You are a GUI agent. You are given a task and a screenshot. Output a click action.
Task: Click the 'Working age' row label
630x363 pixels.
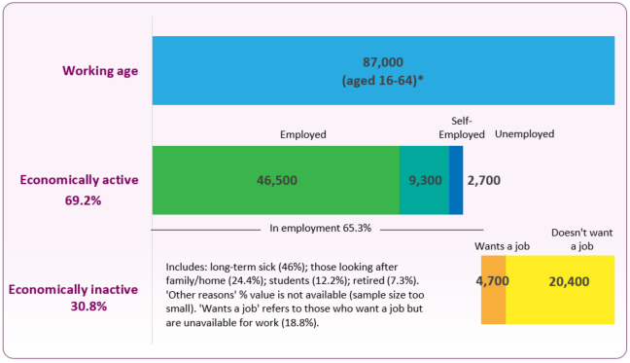pyautogui.click(x=101, y=71)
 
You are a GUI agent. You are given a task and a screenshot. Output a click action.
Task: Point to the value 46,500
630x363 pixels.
pyautogui.click(x=276, y=180)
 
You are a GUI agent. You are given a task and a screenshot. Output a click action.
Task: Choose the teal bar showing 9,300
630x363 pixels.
pyautogui.click(x=424, y=180)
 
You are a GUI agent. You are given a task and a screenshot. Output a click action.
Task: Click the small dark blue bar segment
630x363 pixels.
pyautogui.click(x=456, y=180)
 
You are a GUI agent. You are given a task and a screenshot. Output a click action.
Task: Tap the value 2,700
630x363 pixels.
pyautogui.click(x=484, y=180)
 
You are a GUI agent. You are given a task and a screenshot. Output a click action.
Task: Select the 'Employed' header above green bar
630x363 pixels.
pyautogui.click(x=302, y=134)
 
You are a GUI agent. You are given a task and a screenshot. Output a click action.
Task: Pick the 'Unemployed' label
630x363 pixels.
pyautogui.click(x=524, y=134)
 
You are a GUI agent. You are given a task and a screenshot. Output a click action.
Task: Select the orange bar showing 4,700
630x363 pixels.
pyautogui.click(x=493, y=289)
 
